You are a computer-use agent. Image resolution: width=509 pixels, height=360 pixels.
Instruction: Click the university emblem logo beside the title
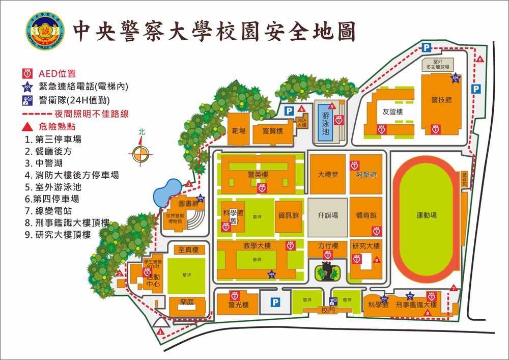click(x=45, y=31)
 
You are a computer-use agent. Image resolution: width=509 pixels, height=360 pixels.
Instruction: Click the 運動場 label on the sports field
click(x=427, y=215)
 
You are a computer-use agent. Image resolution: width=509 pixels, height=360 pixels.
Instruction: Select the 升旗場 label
click(x=327, y=215)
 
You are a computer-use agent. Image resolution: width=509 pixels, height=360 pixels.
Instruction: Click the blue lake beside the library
click(x=164, y=193)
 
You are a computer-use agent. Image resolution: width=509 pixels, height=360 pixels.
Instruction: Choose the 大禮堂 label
click(x=328, y=174)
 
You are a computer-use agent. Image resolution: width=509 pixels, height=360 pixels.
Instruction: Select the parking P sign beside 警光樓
click(x=275, y=302)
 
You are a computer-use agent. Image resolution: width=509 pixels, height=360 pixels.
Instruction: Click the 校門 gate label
click(x=327, y=310)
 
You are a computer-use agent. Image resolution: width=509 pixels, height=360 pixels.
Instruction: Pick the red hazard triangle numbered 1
click(x=160, y=331)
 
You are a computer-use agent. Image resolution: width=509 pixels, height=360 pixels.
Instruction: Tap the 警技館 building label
click(x=441, y=100)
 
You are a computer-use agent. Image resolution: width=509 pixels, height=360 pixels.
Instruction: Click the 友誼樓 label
click(x=392, y=112)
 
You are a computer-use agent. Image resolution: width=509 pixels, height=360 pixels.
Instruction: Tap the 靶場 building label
click(x=239, y=131)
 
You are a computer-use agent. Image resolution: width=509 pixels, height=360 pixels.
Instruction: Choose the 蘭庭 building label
click(x=187, y=301)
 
